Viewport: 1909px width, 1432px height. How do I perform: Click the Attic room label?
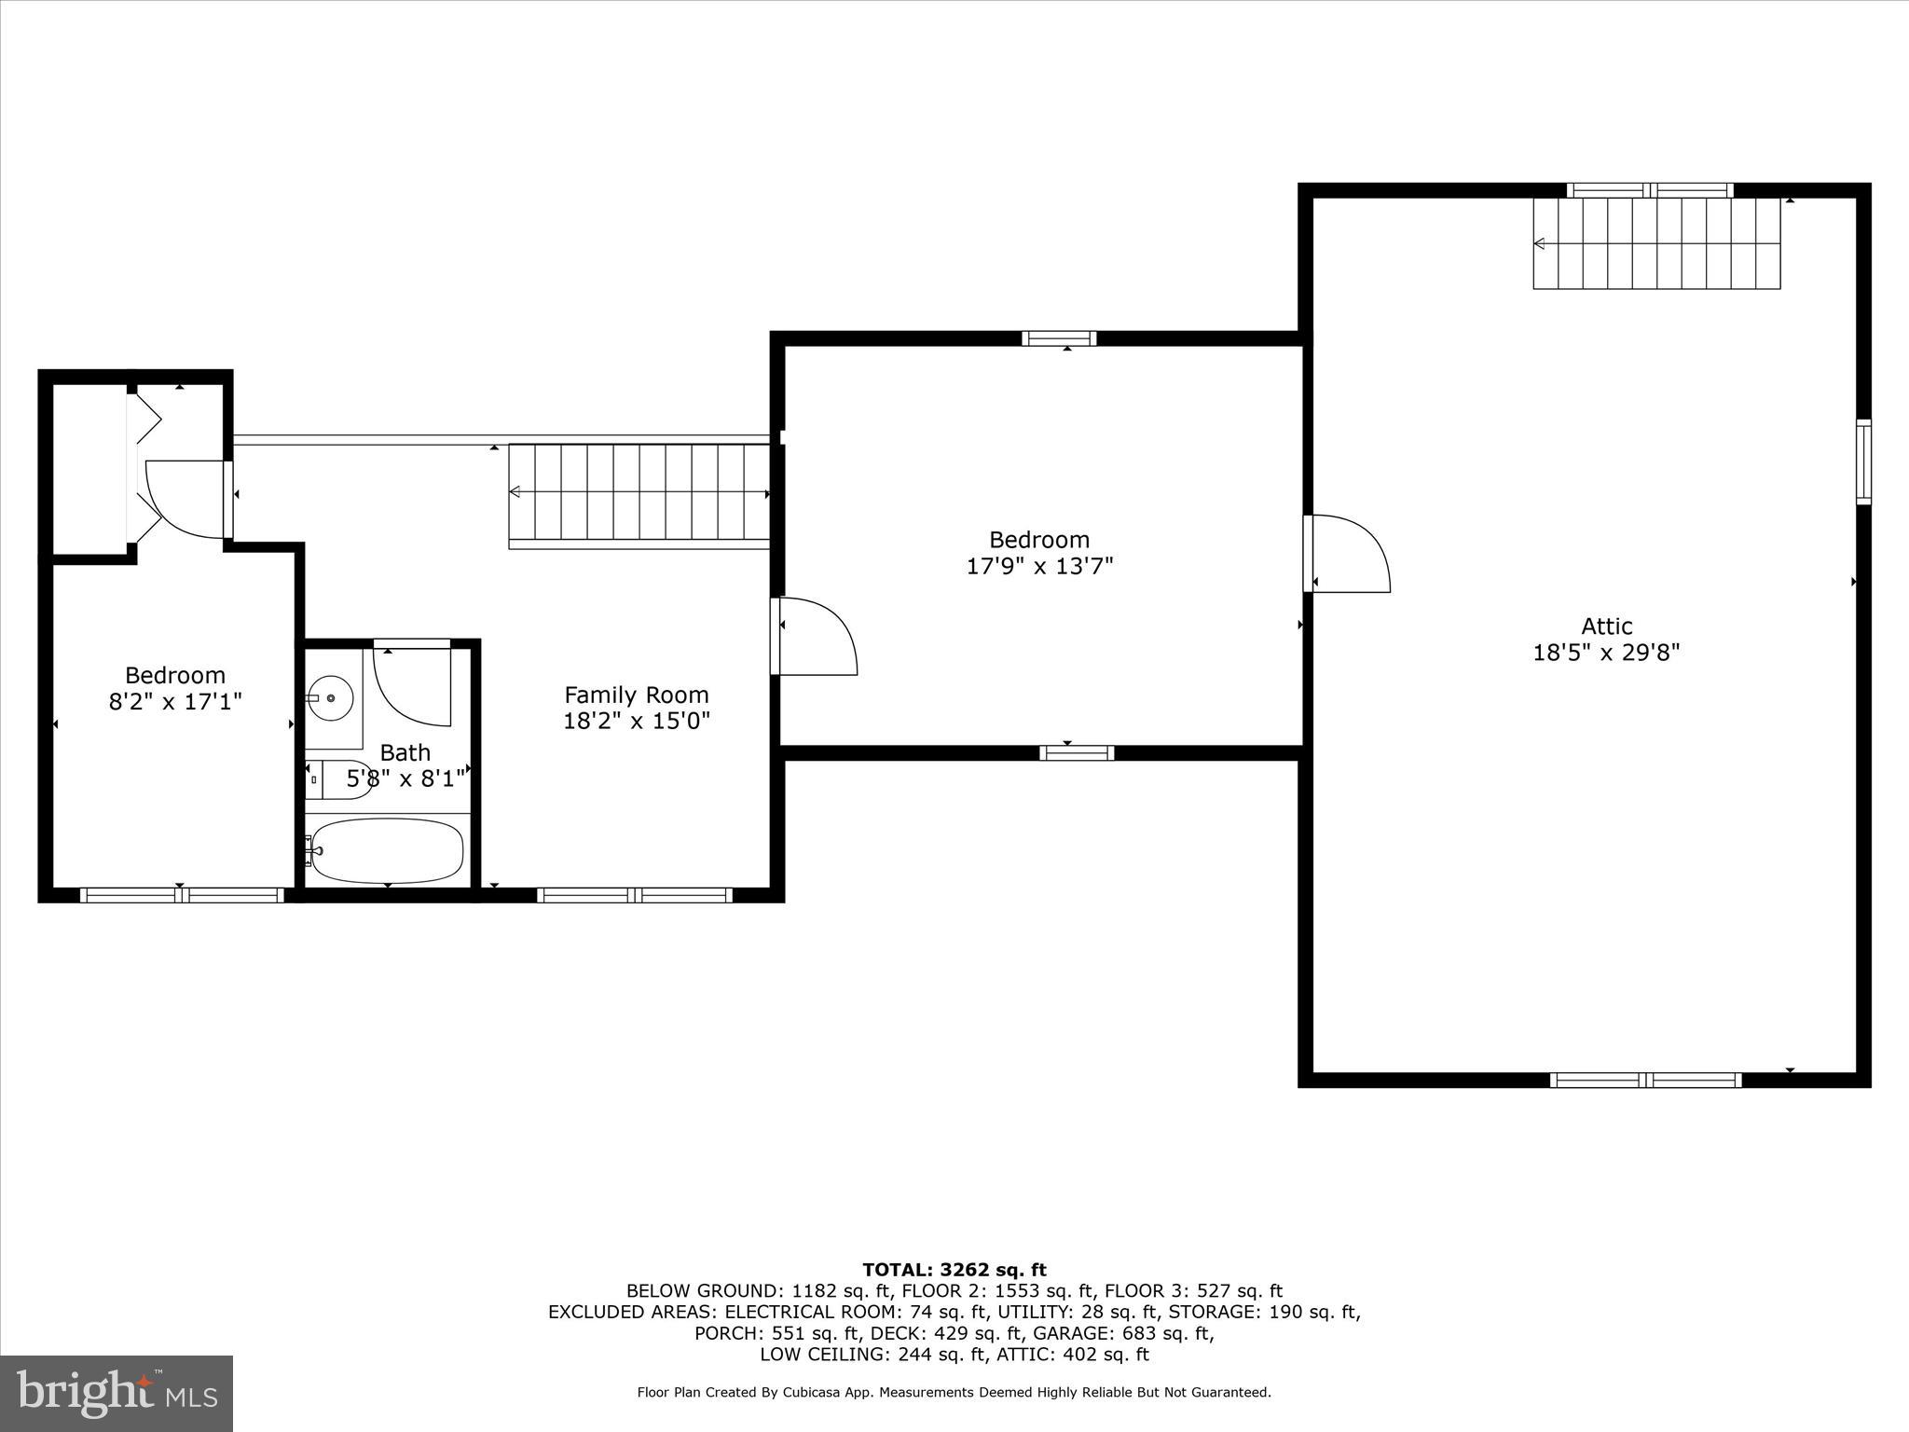tap(1606, 626)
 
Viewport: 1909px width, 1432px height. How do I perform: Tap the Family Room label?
tap(637, 695)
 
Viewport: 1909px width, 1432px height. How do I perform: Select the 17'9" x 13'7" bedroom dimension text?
tap(1039, 566)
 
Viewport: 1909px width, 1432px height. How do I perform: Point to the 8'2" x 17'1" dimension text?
tap(175, 701)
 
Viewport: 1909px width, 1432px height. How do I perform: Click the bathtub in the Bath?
tap(387, 850)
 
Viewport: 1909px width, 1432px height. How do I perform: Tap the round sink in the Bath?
tap(329, 697)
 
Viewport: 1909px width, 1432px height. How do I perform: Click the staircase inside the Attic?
tap(1656, 243)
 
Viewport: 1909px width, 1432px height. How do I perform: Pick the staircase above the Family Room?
tap(639, 491)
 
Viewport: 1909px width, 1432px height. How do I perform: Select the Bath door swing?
tap(413, 685)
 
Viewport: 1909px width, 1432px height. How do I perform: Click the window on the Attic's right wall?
tap(1863, 462)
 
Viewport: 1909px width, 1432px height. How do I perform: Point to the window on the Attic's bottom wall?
tap(1645, 1081)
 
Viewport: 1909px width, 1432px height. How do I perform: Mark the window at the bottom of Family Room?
tap(635, 896)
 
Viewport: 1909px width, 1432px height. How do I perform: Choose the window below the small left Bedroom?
tap(182, 896)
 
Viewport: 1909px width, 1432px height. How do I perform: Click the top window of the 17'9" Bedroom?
tap(1059, 338)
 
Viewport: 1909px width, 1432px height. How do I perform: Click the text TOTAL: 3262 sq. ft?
tap(954, 1270)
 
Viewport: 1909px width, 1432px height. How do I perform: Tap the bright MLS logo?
tap(117, 1393)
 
